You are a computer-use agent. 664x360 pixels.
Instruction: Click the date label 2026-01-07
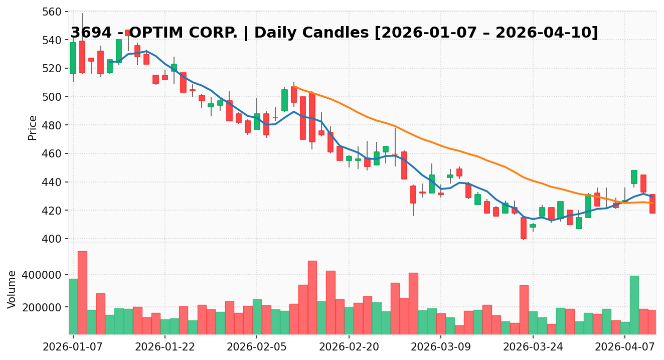(x=73, y=346)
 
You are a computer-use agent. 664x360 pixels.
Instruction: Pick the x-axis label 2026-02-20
(x=349, y=346)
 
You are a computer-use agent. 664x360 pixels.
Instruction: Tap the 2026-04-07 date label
(x=624, y=346)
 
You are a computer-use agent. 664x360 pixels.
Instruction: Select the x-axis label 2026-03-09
(x=440, y=346)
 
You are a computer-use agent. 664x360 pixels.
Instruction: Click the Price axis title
(x=33, y=127)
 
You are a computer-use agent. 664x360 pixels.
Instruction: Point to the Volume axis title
(x=12, y=289)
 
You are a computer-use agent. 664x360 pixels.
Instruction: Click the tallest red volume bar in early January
(x=82, y=293)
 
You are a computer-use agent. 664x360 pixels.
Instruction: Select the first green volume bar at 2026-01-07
(x=73, y=306)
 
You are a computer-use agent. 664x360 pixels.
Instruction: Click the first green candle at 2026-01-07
(x=73, y=58)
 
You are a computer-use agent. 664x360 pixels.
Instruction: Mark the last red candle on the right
(x=652, y=204)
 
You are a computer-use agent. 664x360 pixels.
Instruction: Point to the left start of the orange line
(x=294, y=87)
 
